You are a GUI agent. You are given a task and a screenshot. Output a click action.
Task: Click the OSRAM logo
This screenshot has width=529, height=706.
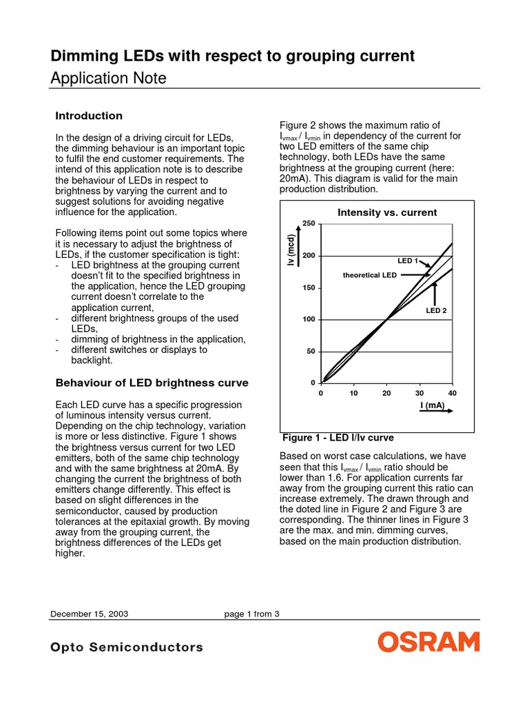428,643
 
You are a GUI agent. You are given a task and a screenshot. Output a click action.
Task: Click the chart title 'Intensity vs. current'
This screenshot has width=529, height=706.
386,212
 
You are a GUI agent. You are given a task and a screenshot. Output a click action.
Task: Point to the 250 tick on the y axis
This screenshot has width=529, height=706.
308,224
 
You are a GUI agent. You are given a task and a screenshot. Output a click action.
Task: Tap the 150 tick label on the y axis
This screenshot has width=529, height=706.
308,288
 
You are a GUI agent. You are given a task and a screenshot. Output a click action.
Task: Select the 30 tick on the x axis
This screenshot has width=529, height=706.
419,392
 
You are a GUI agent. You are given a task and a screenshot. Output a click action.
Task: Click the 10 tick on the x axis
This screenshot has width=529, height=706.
353,392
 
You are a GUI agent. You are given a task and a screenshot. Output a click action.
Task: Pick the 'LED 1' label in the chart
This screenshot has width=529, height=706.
407,261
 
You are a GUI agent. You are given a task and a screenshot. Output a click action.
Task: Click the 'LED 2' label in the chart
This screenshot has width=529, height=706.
436,310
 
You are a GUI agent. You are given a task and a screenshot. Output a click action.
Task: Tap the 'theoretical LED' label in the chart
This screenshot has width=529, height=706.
370,275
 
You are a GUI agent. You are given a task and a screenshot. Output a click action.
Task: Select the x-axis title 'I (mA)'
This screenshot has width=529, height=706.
433,405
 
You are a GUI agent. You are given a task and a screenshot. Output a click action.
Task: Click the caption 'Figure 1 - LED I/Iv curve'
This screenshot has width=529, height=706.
338,438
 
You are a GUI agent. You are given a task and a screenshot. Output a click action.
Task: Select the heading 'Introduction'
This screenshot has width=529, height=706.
89,116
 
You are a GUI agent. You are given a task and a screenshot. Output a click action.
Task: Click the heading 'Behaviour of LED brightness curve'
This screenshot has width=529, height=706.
152,383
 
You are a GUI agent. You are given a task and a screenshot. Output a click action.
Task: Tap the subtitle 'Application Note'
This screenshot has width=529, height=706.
109,79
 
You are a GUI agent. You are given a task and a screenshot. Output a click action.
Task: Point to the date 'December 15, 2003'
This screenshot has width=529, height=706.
89,614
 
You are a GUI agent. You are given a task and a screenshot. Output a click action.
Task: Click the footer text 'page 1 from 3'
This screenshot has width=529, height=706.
251,614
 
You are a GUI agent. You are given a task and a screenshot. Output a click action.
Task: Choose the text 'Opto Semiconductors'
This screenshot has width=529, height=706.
127,647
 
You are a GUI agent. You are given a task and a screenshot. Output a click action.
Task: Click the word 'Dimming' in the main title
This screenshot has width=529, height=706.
82,56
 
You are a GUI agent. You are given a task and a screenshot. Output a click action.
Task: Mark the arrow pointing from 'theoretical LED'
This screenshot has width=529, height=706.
415,275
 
